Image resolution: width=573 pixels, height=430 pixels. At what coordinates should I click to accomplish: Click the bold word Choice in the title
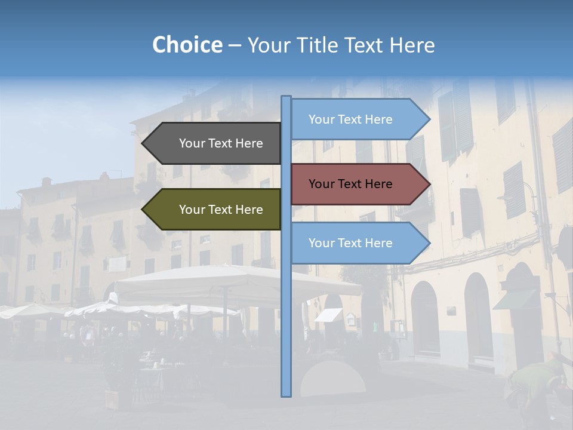(187, 45)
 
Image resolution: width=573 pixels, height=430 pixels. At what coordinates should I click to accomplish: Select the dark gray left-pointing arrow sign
(215, 143)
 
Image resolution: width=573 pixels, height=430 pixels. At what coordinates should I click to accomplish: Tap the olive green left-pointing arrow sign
(215, 210)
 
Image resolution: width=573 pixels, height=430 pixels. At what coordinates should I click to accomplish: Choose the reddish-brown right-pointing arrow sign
(355, 184)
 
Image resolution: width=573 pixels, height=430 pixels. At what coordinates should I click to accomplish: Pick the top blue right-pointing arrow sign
(355, 119)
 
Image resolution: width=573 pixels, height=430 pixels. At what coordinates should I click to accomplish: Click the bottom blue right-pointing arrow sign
(355, 243)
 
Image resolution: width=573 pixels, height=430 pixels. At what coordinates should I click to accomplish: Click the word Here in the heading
(412, 45)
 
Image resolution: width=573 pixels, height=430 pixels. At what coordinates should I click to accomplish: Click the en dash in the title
(235, 45)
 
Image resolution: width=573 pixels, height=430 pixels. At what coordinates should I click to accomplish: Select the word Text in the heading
(363, 45)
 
